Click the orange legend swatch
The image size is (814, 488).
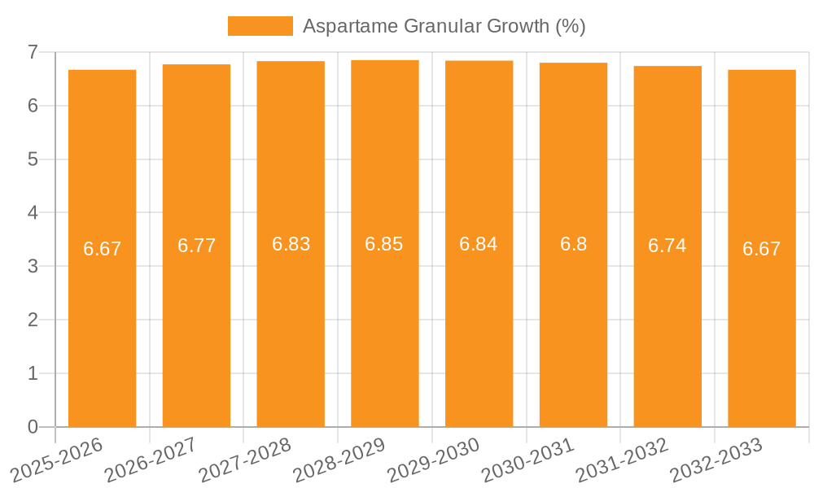[x=260, y=26]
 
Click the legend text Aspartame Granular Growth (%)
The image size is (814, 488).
[x=444, y=26]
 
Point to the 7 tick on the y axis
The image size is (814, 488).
[x=33, y=52]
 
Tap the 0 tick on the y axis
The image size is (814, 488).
[x=33, y=427]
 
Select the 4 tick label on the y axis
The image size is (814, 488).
[x=33, y=213]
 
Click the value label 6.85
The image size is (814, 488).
[x=384, y=244]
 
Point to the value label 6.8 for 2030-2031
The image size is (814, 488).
[x=573, y=244]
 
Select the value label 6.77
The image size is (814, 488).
[x=196, y=246]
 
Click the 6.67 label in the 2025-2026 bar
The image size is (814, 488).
[x=102, y=249]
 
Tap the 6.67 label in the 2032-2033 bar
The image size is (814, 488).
[x=761, y=249]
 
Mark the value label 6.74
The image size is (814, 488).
[x=667, y=246]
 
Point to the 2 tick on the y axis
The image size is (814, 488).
[x=33, y=320]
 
